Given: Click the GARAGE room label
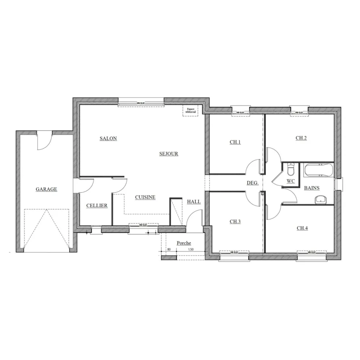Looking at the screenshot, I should point(46,189).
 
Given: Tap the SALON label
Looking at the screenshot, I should point(108,138).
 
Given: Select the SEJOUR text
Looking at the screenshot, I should point(169,154).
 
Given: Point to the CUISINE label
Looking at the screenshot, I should point(145,197).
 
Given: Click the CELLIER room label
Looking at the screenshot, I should point(97,206).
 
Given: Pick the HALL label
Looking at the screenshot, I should point(194,202).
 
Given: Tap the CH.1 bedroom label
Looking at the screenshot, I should point(235,142).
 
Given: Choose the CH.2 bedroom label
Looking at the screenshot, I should point(301,138).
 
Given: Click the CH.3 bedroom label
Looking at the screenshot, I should point(235,221).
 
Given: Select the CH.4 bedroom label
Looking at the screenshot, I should point(302,228).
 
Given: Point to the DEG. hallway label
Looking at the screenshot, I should point(252,183).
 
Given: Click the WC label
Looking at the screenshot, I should point(291,181).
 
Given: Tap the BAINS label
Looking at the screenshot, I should point(311,188).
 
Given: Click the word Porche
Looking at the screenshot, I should point(184,243).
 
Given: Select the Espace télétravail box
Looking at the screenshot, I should point(189,111).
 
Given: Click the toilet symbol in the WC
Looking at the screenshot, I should point(291,169).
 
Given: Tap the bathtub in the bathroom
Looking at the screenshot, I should point(319,170).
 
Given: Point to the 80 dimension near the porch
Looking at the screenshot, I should point(168,249).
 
